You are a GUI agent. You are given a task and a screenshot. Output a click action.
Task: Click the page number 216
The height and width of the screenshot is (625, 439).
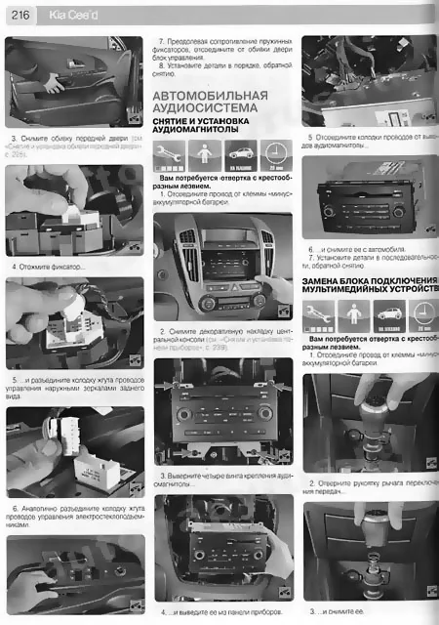[x=20, y=15]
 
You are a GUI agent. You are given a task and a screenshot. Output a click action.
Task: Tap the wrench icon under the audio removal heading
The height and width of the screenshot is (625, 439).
[x=170, y=155]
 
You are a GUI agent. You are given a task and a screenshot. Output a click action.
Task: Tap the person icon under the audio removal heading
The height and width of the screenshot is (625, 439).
[x=205, y=155]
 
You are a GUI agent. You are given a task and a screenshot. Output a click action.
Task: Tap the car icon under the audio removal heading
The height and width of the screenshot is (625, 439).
[x=240, y=155]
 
